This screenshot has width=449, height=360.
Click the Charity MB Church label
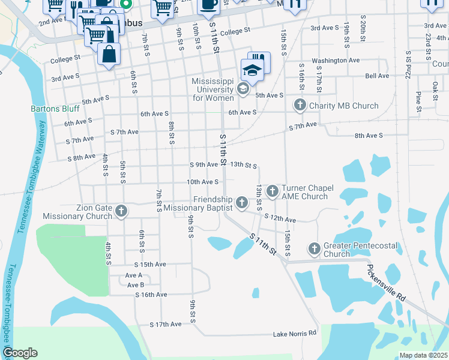pos(344,106)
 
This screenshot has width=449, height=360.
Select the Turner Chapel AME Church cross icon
pos(273,191)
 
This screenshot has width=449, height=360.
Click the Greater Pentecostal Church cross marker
pos(314,248)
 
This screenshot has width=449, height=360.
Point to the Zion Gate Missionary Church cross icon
pos(121,211)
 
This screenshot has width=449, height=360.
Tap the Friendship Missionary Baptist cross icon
pos(241,203)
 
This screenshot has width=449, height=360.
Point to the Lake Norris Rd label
pos(295,334)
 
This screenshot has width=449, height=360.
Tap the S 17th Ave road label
pos(166,325)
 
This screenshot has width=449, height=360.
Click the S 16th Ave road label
pos(151,295)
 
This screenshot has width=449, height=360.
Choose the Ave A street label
pos(134,275)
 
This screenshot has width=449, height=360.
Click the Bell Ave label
pos(377,76)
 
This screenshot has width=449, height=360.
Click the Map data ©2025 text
pos(423,355)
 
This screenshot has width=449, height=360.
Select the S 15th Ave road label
pos(149,264)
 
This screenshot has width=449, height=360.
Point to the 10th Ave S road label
pos(202,181)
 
